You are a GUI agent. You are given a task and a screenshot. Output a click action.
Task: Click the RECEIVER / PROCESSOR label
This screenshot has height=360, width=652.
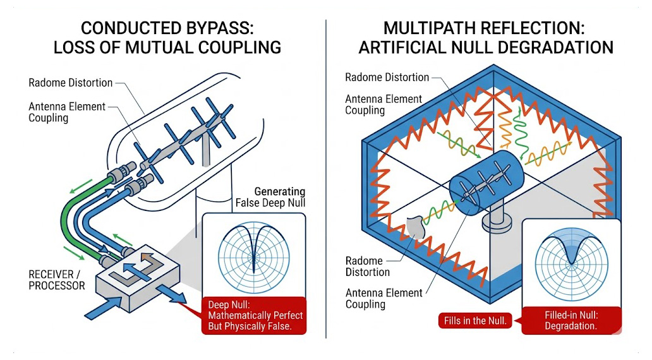point(56,280)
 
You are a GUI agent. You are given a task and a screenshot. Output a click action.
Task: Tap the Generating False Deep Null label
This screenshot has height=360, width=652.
point(270,197)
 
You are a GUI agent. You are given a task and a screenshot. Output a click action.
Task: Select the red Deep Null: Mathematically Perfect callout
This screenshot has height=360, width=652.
point(255,315)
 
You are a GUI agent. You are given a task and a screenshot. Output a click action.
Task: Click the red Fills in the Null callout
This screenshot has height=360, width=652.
point(475,320)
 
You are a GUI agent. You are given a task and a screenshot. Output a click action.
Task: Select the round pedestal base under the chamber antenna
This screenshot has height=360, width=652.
point(498,222)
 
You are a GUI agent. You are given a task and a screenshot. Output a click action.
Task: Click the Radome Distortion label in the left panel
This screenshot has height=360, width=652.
point(71,83)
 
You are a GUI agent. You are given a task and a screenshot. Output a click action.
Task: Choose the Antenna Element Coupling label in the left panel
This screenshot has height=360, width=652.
point(67,112)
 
